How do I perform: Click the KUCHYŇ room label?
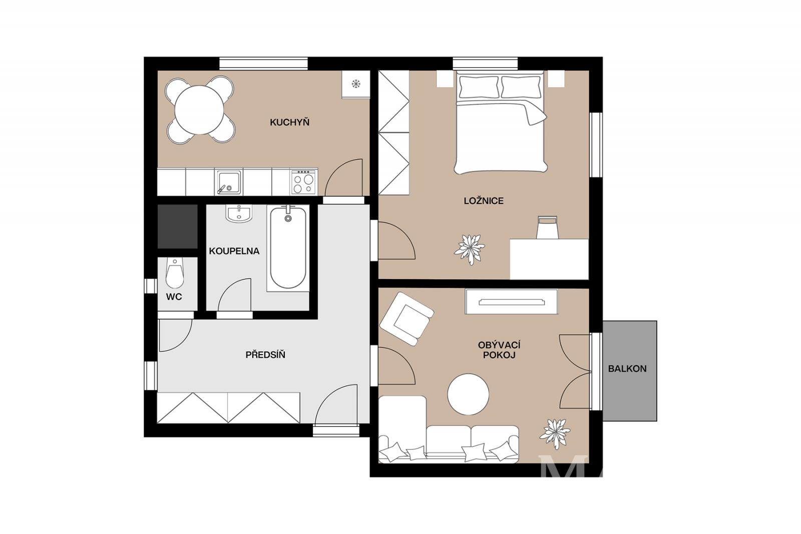point(289,122)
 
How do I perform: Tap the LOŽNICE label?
point(484,201)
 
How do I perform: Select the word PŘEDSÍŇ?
point(265,355)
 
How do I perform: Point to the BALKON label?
point(627,369)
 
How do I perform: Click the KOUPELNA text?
point(234,251)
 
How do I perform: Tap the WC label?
point(174,297)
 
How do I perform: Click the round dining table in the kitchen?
point(199,110)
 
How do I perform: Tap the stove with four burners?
point(303,182)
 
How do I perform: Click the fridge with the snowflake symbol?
point(355,84)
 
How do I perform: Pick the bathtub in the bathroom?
point(288,248)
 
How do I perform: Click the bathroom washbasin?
point(239,214)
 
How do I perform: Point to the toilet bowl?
point(175,273)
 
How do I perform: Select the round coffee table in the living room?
point(468,394)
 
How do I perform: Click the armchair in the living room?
point(407,319)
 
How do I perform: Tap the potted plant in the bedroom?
point(469,249)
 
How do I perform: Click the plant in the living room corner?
point(555,434)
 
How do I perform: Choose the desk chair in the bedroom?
point(548,227)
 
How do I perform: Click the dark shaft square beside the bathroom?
point(177,226)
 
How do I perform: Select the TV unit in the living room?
point(511,302)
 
